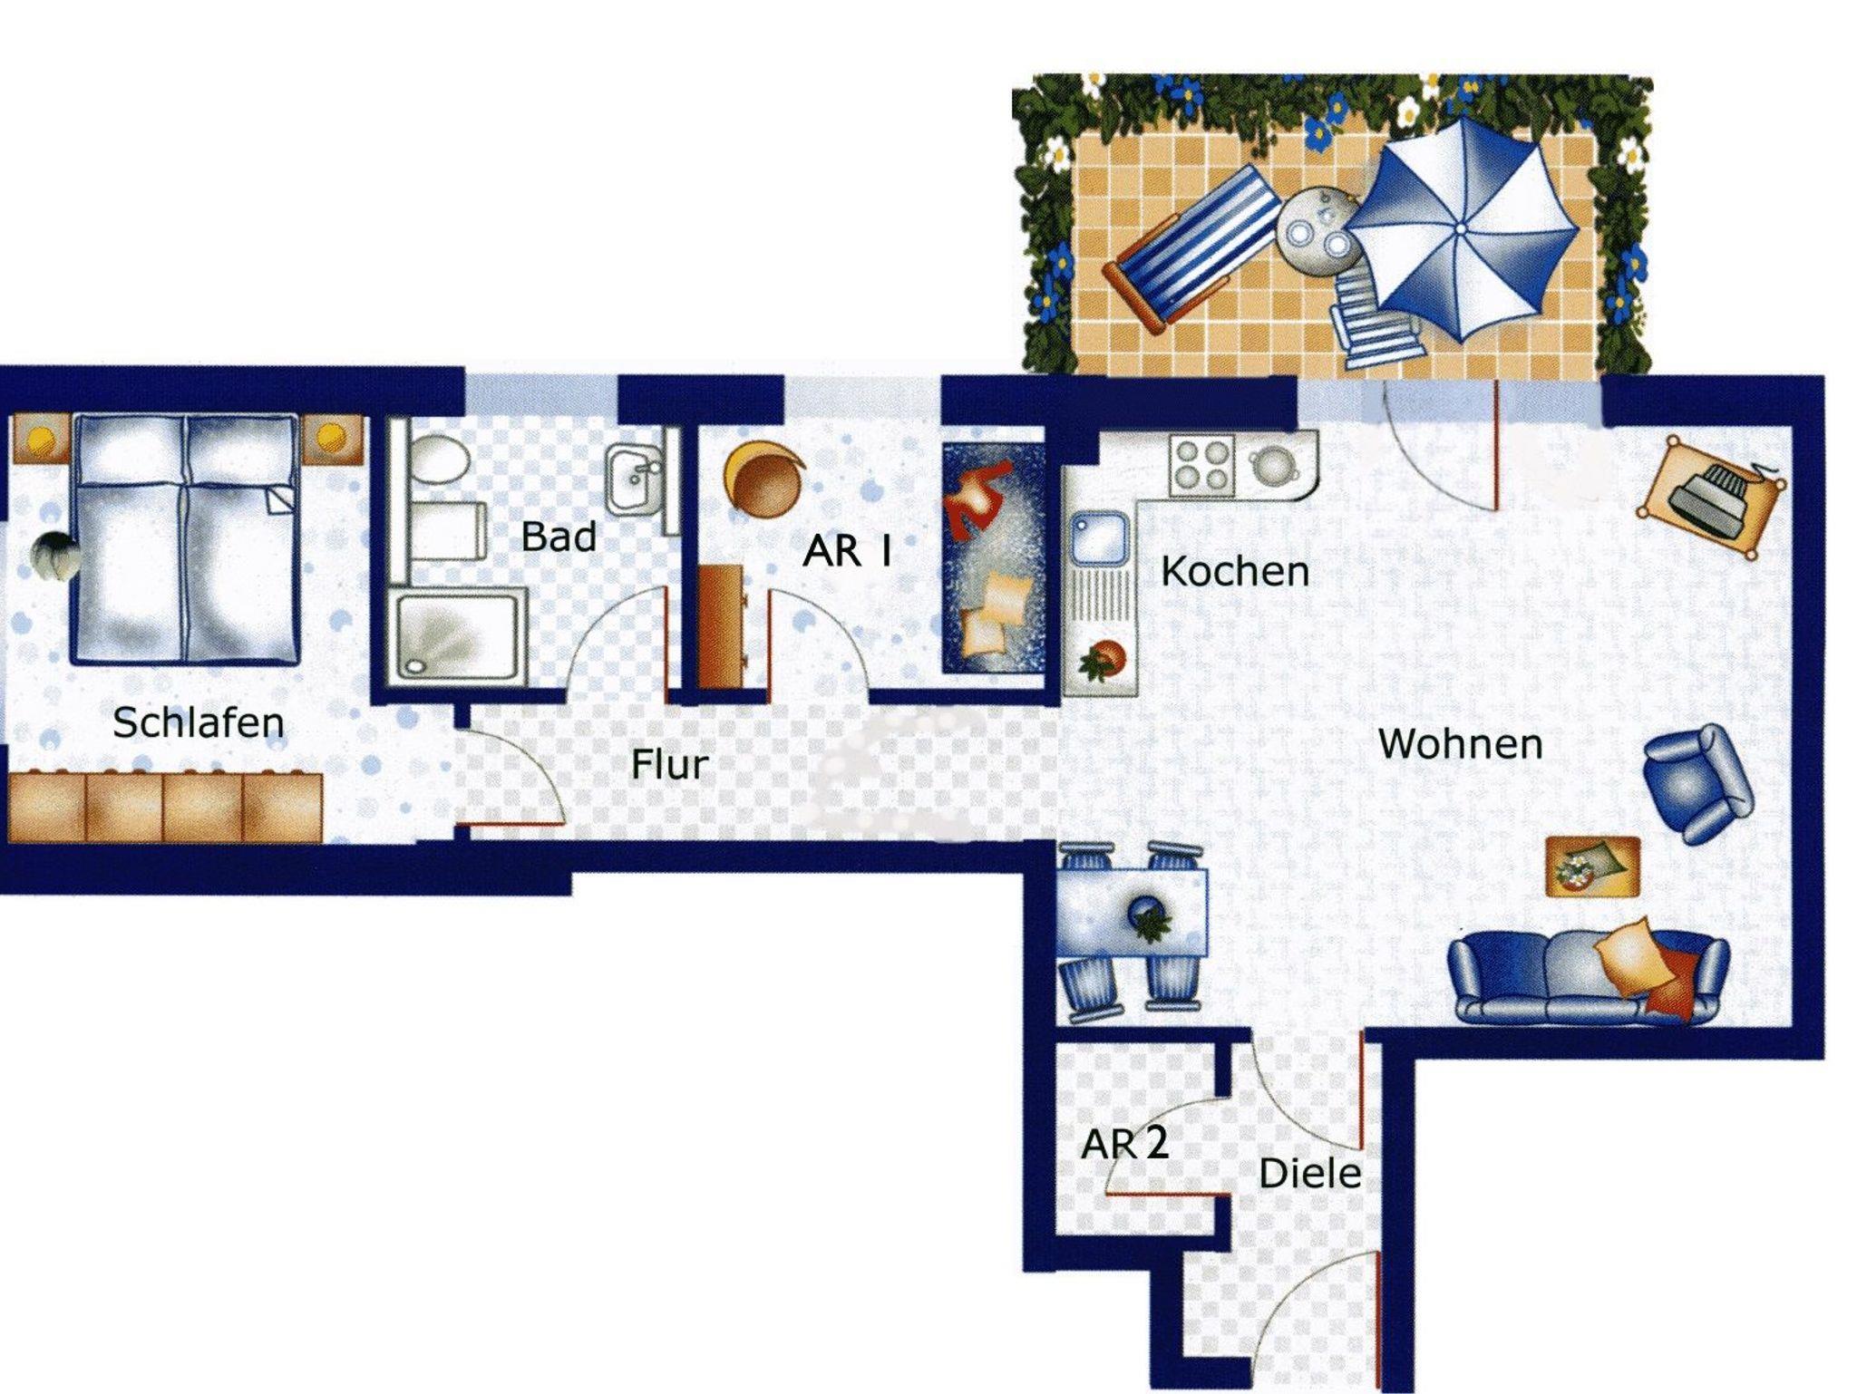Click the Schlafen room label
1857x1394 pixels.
pos(198,722)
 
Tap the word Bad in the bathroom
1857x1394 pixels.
pos(559,537)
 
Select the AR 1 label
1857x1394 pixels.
pos(848,551)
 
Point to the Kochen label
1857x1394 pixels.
pos(1235,572)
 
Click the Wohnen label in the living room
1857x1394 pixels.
pos(1460,744)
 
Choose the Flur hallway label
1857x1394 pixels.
pos(669,764)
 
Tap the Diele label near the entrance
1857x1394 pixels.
pos(1309,1174)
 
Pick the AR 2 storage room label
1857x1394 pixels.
pos(1124,1144)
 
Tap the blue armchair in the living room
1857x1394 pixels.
pos(1697,783)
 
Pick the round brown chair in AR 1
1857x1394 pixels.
pos(764,479)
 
